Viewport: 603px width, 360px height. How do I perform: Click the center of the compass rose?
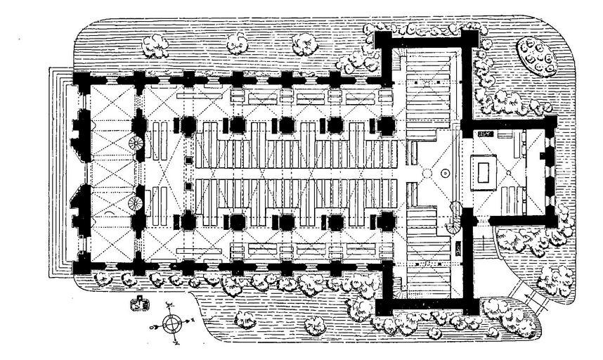coord(171,324)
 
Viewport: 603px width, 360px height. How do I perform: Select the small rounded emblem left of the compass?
coord(141,304)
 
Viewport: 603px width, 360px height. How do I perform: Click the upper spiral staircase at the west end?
coord(136,144)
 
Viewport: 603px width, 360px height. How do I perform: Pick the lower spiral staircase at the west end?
coord(136,204)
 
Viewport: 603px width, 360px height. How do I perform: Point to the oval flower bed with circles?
coord(540,57)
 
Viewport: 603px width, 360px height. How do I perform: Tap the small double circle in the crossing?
coord(444,173)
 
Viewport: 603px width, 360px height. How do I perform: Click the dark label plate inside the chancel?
coord(485,132)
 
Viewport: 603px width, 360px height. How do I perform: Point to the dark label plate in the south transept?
coord(459,248)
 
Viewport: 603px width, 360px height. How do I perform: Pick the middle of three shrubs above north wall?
coord(239,44)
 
